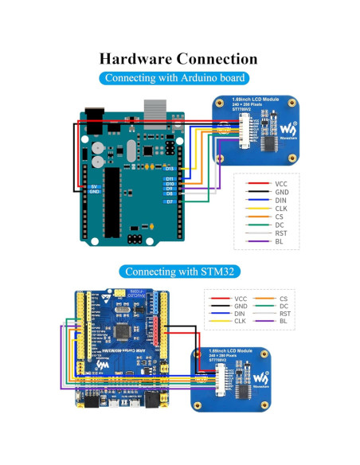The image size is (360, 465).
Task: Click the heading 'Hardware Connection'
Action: click(178, 59)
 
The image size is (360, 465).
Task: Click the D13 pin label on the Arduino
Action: click(170, 169)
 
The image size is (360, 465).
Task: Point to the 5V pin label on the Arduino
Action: click(94, 185)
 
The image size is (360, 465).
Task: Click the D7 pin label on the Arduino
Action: click(170, 202)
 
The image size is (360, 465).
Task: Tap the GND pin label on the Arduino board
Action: click(94, 192)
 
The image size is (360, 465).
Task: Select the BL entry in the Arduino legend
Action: click(279, 241)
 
